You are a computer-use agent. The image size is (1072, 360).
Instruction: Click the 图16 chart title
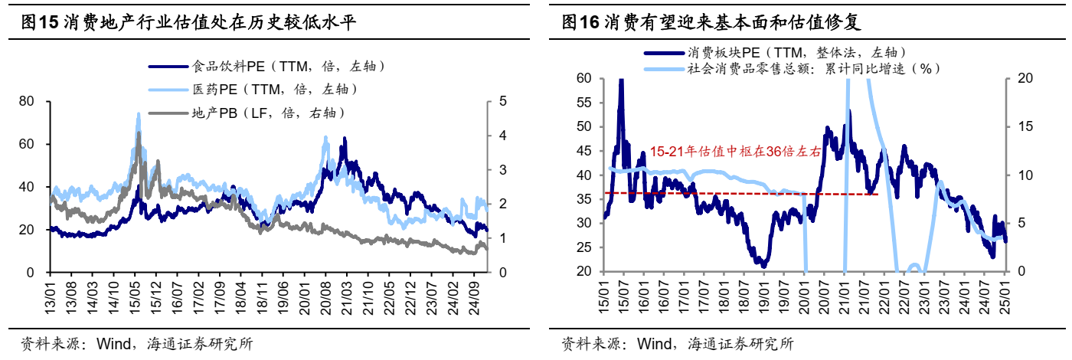[712, 22]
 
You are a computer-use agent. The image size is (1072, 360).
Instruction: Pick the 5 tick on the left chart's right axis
[502, 101]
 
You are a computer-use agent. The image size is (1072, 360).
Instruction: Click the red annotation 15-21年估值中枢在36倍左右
[735, 152]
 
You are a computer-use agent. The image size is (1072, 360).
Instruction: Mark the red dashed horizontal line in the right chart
[735, 194]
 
